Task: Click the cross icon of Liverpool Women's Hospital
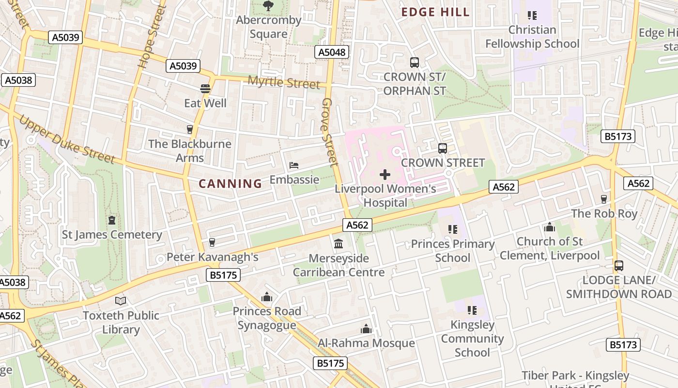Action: pos(385,174)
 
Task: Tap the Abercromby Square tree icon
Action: pos(268,6)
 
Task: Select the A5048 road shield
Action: pos(332,52)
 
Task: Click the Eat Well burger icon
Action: pos(205,89)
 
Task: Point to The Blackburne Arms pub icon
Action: pos(190,129)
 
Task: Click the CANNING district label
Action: pos(231,183)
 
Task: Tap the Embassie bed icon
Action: pos(294,165)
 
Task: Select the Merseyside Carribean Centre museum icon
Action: pos(339,243)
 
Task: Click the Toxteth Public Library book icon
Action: pos(121,301)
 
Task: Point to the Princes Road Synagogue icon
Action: pos(266,297)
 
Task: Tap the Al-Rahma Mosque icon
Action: pos(366,329)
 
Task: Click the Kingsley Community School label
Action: pos(472,339)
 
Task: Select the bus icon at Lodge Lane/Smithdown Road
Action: pos(618,266)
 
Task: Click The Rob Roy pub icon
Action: pos(603,199)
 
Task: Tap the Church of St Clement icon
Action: pos(549,227)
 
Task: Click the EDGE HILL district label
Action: pos(435,12)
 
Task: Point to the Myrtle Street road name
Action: pos(284,82)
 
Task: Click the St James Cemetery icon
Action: pos(112,220)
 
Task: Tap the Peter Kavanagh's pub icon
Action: pos(212,242)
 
